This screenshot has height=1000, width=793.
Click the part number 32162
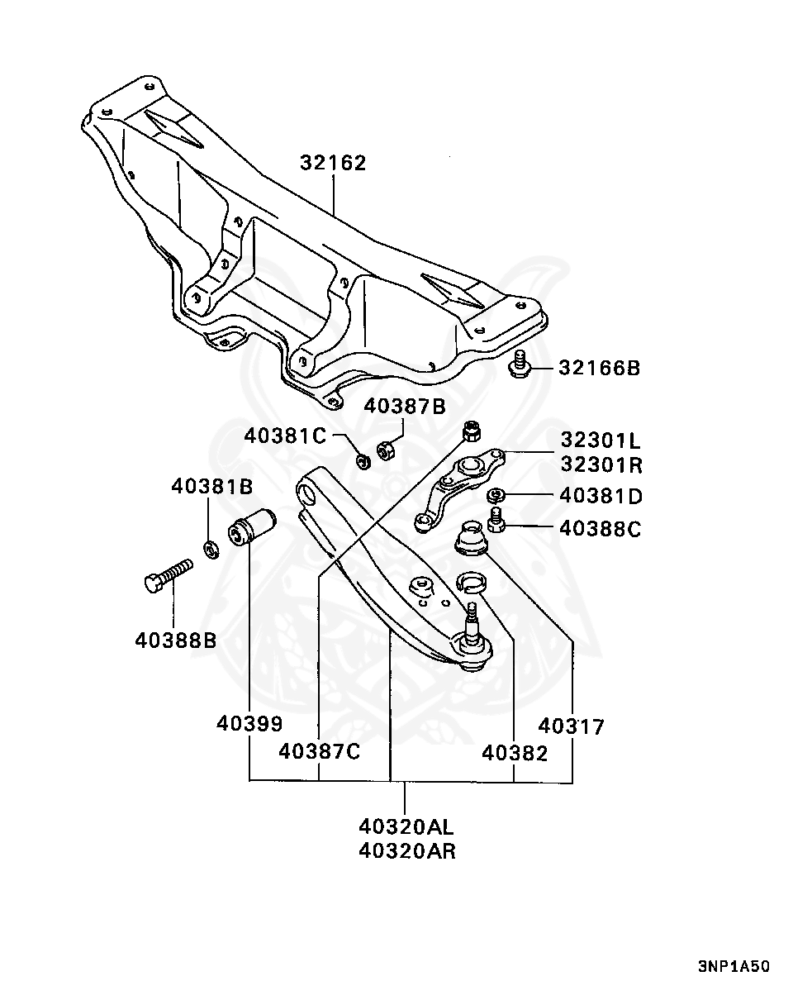click(333, 163)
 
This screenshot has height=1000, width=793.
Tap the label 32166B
click(599, 368)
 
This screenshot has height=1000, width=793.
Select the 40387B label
click(405, 407)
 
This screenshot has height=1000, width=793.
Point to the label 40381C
click(285, 436)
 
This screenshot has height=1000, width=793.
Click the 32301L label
click(601, 440)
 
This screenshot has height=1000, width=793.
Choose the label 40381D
click(601, 497)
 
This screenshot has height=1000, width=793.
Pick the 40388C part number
click(601, 529)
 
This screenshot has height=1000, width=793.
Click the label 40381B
click(212, 487)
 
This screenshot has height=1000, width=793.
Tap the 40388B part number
click(176, 640)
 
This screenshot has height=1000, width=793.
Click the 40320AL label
click(406, 826)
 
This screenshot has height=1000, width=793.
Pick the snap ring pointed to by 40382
click(472, 582)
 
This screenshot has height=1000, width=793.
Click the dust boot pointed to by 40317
click(471, 539)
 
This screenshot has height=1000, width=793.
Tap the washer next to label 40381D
click(496, 495)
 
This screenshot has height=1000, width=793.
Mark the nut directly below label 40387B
click(386, 450)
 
